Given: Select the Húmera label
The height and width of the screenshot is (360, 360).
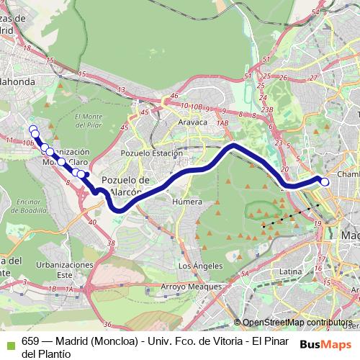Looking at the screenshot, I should (x=186, y=202).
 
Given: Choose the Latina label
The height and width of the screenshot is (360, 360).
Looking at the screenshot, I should (x=290, y=271).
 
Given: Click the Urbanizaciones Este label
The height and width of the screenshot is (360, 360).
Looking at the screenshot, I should (x=66, y=269).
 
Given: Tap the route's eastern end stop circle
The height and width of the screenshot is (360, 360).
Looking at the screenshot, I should (x=325, y=182).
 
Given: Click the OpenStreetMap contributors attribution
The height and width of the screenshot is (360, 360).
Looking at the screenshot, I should (x=297, y=323).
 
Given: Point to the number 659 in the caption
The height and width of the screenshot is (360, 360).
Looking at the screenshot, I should (x=30, y=342).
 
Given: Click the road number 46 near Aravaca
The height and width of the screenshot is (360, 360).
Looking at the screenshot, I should (x=174, y=96).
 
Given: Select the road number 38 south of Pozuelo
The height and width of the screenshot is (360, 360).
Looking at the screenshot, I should (x=111, y=245).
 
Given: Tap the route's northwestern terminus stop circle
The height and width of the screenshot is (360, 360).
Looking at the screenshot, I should (x=32, y=130).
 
